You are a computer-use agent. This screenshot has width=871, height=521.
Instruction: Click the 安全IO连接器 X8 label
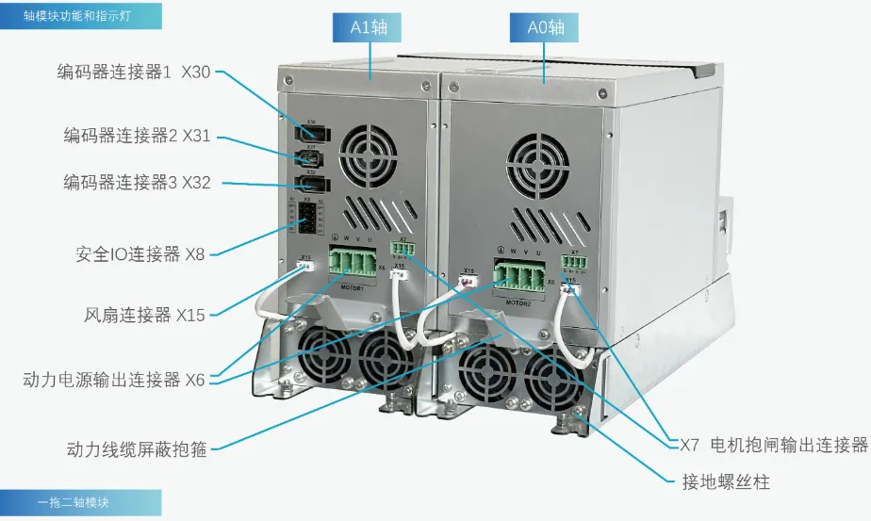[x=140, y=253]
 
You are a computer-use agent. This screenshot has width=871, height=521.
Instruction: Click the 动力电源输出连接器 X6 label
[x=113, y=380]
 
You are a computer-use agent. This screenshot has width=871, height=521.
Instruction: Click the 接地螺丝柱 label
[x=726, y=482]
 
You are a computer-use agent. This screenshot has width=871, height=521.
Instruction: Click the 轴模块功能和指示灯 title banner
[x=80, y=14]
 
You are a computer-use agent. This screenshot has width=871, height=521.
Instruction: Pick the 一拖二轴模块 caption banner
[x=80, y=502]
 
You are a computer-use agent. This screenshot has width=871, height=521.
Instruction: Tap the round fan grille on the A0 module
[x=538, y=157]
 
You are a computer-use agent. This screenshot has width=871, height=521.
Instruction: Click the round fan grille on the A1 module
[x=369, y=155]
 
